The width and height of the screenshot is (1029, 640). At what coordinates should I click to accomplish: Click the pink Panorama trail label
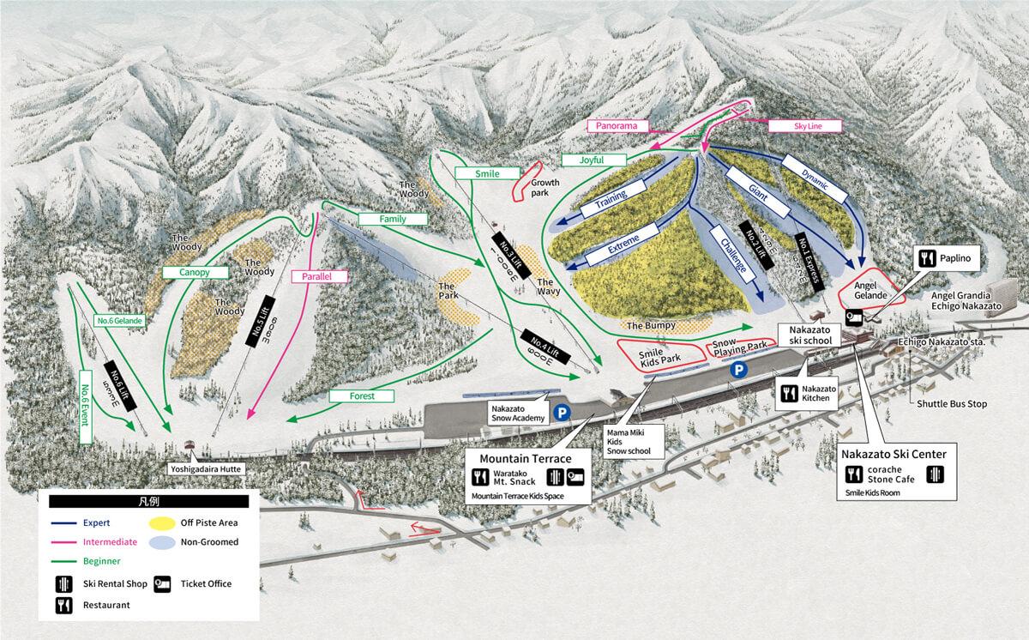614,126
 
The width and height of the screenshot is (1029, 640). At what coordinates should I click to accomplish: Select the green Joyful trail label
592,160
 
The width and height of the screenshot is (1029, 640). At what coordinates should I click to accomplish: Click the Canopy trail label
195,272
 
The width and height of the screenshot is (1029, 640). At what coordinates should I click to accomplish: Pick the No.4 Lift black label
546,351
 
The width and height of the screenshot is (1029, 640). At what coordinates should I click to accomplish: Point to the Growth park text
545,188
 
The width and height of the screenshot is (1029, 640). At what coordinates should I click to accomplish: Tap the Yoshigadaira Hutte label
206,469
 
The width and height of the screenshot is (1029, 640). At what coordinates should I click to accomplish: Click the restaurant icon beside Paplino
926,257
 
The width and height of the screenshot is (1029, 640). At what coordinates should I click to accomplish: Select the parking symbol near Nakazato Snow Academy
563,412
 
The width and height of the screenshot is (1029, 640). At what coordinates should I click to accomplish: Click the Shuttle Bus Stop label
951,403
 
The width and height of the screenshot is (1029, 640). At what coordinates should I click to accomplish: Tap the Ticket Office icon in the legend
164,584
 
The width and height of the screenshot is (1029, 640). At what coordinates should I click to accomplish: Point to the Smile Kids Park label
659,355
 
